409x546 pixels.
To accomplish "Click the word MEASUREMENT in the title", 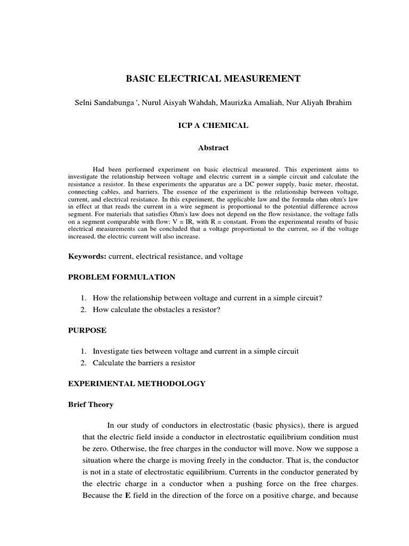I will (258, 79).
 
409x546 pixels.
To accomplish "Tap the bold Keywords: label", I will (87, 256).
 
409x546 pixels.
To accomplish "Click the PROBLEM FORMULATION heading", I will (121, 277).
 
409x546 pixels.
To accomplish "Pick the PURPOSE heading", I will (87, 331).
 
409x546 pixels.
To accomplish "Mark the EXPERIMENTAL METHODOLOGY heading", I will (136, 383).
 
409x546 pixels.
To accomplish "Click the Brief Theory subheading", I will (91, 404).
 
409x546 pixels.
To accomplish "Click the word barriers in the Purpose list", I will (152, 363).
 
